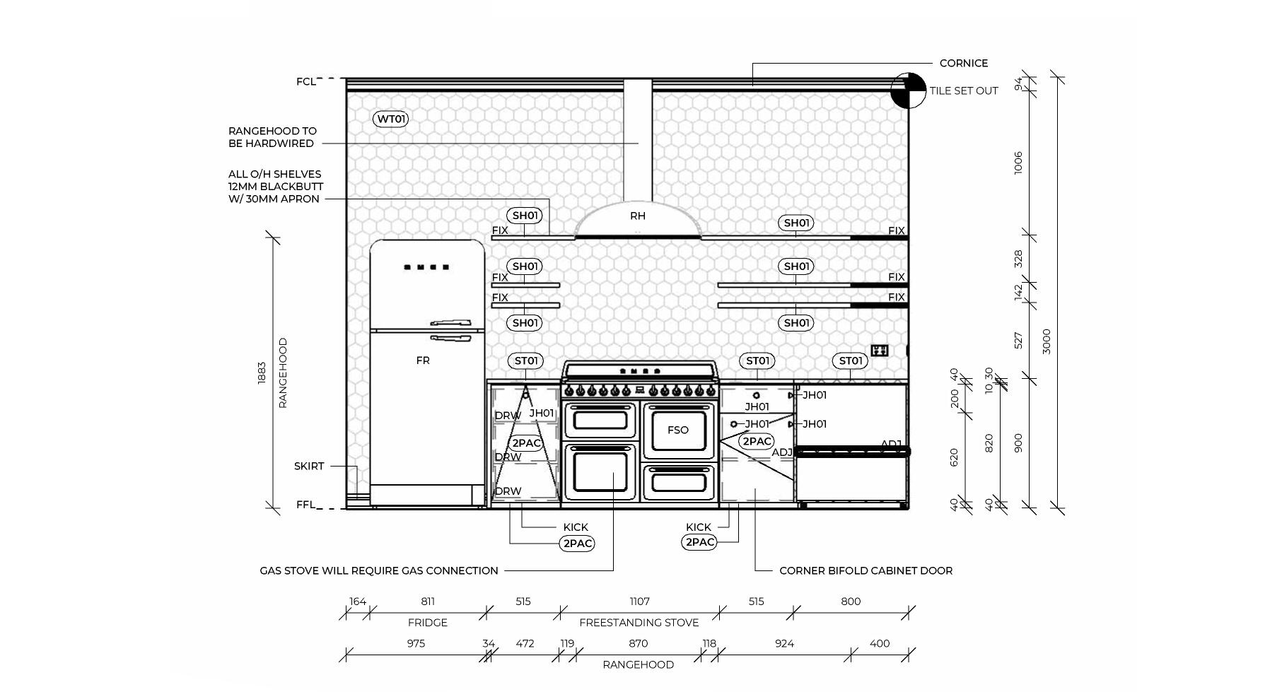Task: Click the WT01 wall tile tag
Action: [x=390, y=119]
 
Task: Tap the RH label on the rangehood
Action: [x=638, y=216]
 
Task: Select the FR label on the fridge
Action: [x=423, y=360]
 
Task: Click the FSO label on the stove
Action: [x=677, y=430]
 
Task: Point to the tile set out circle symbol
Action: [x=908, y=90]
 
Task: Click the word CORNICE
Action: [x=963, y=63]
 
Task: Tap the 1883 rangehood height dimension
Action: [x=262, y=373]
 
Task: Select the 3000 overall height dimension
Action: [x=1047, y=341]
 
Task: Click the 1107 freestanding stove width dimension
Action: [x=639, y=602]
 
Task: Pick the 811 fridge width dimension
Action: [x=428, y=602]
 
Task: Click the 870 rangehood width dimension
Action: [x=638, y=643]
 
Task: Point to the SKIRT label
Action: [x=309, y=467]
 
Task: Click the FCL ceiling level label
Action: [x=305, y=82]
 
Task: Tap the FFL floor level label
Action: [x=305, y=505]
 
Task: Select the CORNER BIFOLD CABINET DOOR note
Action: [x=866, y=570]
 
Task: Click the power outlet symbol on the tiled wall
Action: [x=879, y=351]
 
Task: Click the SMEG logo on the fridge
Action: [x=427, y=267]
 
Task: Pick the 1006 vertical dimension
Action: [x=1018, y=163]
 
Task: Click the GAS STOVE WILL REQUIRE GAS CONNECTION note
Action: [x=379, y=570]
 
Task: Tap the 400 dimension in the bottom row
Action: [x=879, y=643]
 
